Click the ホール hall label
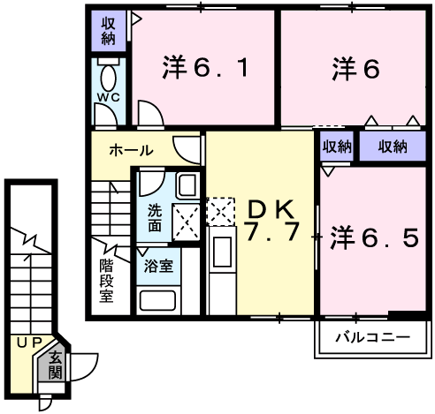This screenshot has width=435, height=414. click(130, 151)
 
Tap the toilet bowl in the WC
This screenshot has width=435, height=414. click(110, 74)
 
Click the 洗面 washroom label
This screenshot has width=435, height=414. click(154, 217)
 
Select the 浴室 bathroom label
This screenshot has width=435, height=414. click(157, 264)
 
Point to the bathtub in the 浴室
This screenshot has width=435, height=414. click(157, 298)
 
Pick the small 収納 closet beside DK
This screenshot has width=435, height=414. click(336, 146)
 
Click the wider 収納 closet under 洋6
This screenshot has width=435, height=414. click(393, 146)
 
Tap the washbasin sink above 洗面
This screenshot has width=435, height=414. click(186, 185)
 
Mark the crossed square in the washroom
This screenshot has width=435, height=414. click(187, 220)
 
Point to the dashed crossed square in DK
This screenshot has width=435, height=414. click(219, 210)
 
